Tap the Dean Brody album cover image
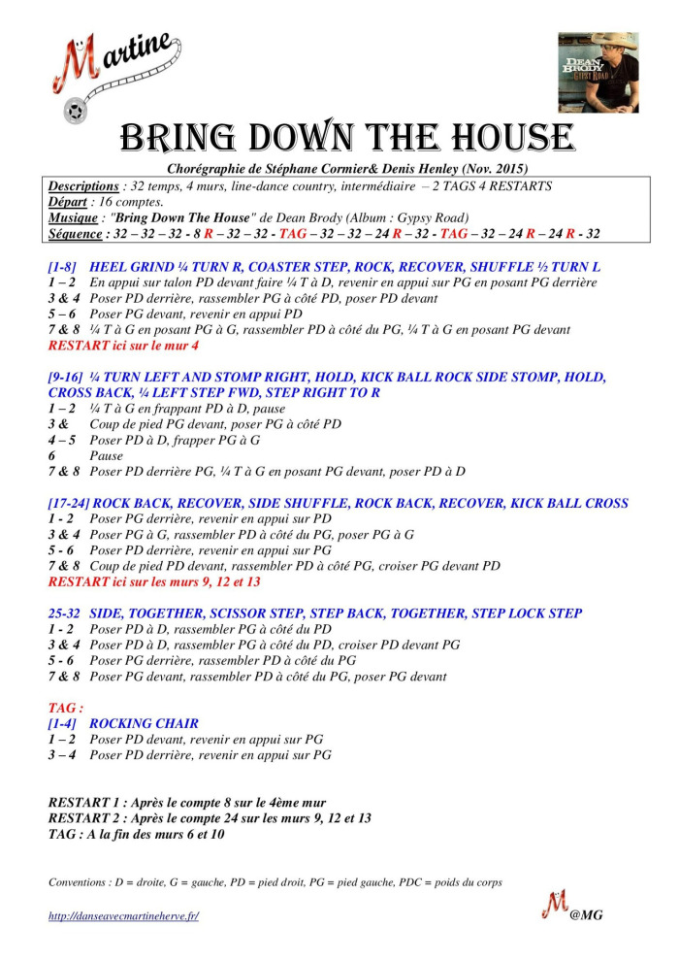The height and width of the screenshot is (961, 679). pyautogui.click(x=598, y=72)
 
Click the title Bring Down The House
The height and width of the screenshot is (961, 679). pyautogui.click(x=346, y=138)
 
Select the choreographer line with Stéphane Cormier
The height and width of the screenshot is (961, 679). pyautogui.click(x=346, y=169)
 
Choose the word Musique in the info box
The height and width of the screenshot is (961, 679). pyautogui.click(x=74, y=217)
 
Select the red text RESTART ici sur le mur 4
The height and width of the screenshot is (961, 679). pyautogui.click(x=124, y=345)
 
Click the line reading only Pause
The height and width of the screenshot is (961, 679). pyautogui.click(x=106, y=455)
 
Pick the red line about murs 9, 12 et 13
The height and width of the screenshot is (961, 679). pyautogui.click(x=154, y=581)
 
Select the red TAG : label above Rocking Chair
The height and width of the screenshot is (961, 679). pyautogui.click(x=66, y=708)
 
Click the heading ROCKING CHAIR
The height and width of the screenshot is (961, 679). pyautogui.click(x=144, y=723)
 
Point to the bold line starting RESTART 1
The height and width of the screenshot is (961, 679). pyautogui.click(x=187, y=803)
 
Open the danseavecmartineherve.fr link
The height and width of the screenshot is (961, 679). pyautogui.click(x=123, y=915)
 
